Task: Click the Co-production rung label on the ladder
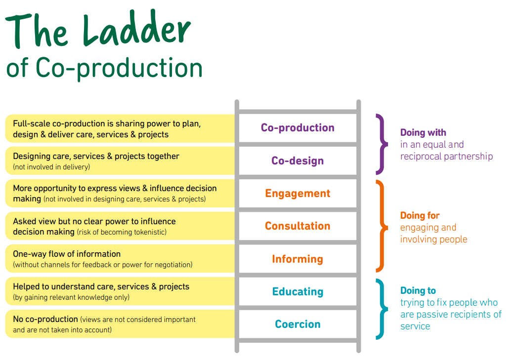298,128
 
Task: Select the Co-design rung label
298,161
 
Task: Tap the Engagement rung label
298,194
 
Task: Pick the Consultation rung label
298,226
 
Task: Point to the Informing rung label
298,259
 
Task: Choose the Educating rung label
298,292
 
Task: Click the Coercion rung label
298,324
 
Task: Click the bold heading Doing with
423,133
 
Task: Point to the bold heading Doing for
420,216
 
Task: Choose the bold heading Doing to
418,291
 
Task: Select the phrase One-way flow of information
67,254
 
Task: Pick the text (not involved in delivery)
51,167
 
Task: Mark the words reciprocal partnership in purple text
446,157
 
